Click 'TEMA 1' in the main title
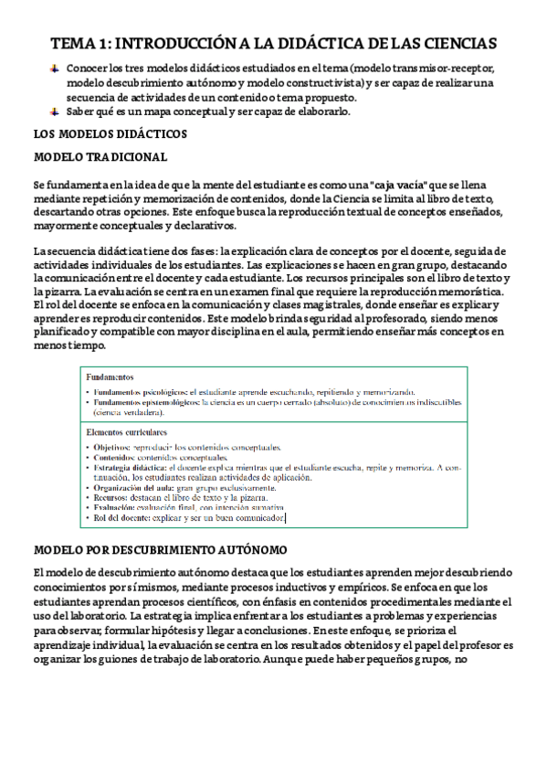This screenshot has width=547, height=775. pyautogui.click(x=79, y=43)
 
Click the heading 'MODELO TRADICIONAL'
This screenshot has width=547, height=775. pyautogui.click(x=100, y=157)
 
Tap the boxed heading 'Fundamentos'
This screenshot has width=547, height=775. pyautogui.click(x=110, y=377)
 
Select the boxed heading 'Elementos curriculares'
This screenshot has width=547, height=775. pyautogui.click(x=126, y=431)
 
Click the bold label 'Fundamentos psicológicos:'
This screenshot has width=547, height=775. pyautogui.click(x=134, y=391)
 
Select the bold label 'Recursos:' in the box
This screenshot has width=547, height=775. pyautogui.click(x=112, y=497)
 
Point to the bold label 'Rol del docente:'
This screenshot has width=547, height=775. pyautogui.click(x=124, y=517)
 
